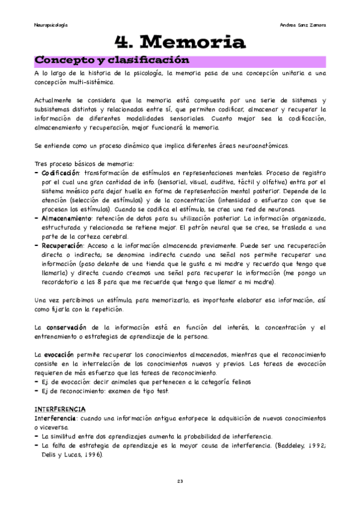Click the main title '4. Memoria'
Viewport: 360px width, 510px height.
180,42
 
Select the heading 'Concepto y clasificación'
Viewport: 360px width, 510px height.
112,61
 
